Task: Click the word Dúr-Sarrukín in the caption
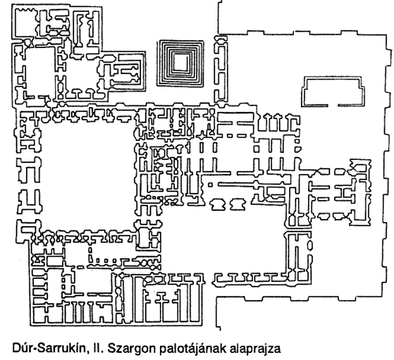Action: pyautogui.click(x=50, y=348)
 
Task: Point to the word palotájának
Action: pyautogui.click(x=192, y=349)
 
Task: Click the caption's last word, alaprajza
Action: pyautogui.click(x=255, y=349)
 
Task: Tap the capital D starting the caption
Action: pyautogui.click(x=16, y=348)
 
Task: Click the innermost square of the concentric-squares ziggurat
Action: pyautogui.click(x=180, y=62)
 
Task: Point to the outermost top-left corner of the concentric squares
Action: pyautogui.click(x=158, y=41)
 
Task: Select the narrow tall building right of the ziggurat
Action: pyautogui.click(x=221, y=69)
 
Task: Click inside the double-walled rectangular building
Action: pyautogui.click(x=333, y=91)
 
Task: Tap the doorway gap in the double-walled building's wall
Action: pyautogui.click(x=333, y=106)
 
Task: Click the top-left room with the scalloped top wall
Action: pyautogui.click(x=25, y=23)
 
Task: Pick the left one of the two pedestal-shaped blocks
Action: pyautogui.click(x=217, y=205)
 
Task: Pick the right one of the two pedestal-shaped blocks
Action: pyautogui.click(x=238, y=205)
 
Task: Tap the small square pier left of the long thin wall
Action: pyautogui.click(x=210, y=184)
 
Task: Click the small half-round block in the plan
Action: pyautogui.click(x=297, y=149)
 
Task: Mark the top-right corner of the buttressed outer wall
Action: pyautogui.click(x=387, y=35)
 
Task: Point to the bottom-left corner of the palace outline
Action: pyautogui.click(x=31, y=325)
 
